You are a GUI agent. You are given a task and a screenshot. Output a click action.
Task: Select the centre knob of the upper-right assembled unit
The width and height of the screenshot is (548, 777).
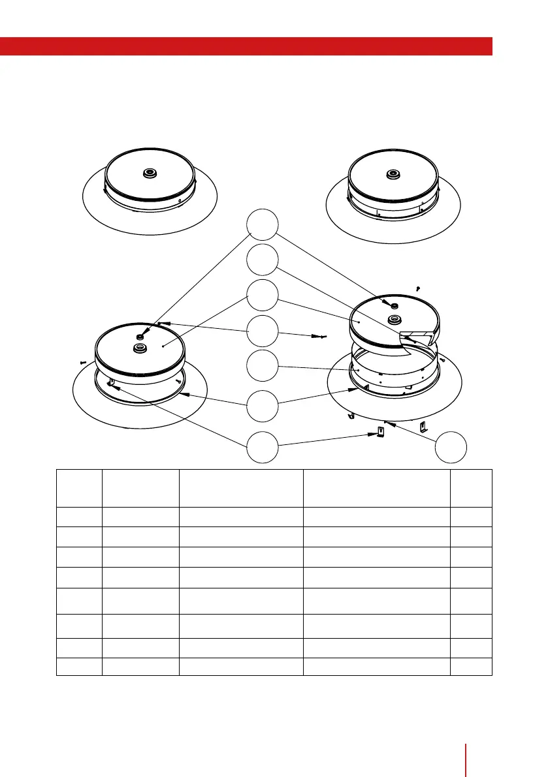click(393, 174)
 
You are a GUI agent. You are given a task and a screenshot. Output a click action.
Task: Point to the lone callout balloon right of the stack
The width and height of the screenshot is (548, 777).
click(451, 447)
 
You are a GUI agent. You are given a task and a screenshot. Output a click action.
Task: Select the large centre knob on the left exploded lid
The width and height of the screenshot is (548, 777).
click(139, 348)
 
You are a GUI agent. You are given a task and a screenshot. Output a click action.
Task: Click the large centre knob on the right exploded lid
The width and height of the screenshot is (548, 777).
click(394, 319)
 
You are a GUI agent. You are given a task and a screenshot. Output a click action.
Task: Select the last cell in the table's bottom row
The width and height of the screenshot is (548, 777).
click(471, 667)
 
